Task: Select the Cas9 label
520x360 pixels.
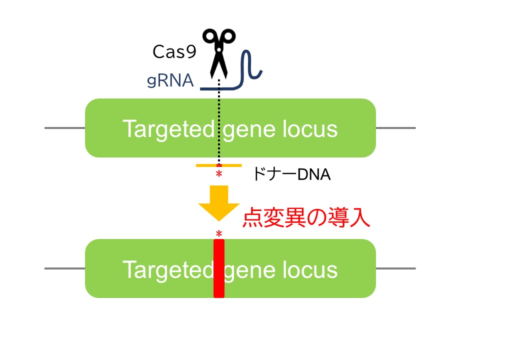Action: pos(174,52)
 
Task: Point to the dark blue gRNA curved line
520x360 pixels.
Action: pos(248,70)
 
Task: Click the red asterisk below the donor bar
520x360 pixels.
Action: pos(218,174)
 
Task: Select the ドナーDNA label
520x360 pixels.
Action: pos(291,174)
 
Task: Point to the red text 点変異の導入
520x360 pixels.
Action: pos(306,218)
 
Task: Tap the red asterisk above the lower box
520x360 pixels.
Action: pos(218,234)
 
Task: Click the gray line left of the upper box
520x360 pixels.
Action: pos(64,128)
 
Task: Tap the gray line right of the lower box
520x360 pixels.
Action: pos(395,268)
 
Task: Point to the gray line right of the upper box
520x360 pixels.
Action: pos(395,128)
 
